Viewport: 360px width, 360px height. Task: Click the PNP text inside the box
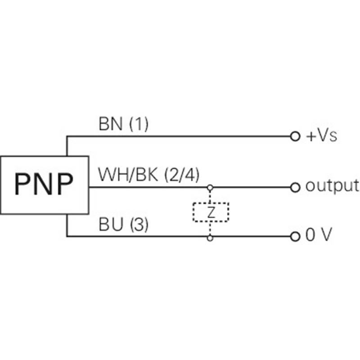[44, 184]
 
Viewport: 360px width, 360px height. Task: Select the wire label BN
[110, 124]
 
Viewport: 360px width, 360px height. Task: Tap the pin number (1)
[139, 124]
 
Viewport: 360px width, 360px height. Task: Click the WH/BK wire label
[128, 175]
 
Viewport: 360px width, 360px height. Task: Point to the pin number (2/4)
[182, 175]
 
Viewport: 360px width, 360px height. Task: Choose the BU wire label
[111, 224]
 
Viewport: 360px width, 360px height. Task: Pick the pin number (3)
[139, 225]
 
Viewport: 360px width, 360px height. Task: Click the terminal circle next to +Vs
[295, 136]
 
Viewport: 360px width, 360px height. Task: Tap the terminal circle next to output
[295, 187]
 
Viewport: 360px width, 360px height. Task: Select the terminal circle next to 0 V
[295, 237]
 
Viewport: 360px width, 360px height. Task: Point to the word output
[332, 185]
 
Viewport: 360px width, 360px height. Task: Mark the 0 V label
[319, 234]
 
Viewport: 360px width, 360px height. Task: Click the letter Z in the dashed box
[211, 212]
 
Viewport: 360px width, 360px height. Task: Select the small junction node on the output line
[210, 188]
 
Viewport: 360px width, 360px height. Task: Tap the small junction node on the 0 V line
[210, 238]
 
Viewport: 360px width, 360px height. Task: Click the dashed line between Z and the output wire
[210, 197]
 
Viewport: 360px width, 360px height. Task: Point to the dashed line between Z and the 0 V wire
[210, 229]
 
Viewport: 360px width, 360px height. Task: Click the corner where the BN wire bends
[67, 136]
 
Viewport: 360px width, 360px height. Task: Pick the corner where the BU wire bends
[67, 236]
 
